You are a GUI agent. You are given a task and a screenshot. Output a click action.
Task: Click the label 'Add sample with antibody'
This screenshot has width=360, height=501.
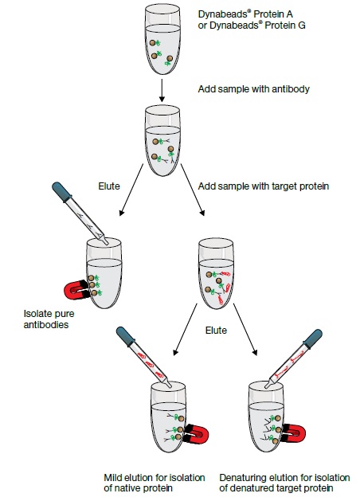(253, 89)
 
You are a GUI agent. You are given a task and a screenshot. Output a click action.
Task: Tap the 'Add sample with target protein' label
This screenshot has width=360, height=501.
(263, 186)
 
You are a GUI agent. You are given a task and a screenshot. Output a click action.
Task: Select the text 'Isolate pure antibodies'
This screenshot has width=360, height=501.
(49, 319)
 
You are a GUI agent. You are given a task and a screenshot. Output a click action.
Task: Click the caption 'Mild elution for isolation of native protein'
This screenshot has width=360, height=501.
(155, 483)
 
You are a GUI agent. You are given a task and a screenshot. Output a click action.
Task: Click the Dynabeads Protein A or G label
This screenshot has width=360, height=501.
(252, 19)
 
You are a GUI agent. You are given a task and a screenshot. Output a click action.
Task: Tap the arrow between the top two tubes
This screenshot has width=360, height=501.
(162, 91)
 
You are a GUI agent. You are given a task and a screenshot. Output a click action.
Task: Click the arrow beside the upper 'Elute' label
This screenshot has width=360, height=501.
(131, 190)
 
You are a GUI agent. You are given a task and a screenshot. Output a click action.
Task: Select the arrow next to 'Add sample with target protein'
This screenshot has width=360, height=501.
(193, 190)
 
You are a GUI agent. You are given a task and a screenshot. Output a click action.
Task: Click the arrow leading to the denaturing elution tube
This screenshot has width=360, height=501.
(245, 329)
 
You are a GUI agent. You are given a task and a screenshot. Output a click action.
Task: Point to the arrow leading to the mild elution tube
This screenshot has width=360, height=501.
(185, 329)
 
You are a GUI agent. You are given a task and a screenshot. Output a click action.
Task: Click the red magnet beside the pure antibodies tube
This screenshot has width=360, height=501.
(76, 289)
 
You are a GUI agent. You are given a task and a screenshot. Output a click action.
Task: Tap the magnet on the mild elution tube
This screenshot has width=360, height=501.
(197, 434)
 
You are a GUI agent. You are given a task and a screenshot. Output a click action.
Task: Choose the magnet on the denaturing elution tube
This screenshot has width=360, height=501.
(294, 433)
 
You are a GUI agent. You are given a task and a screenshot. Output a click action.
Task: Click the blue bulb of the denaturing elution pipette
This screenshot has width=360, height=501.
(312, 339)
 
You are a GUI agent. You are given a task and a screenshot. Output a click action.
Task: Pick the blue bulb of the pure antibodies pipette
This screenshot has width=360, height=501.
(61, 192)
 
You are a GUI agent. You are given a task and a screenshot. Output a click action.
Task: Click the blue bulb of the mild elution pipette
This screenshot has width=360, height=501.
(126, 336)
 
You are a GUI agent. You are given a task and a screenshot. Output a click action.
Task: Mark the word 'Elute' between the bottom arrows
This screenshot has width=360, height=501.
(216, 330)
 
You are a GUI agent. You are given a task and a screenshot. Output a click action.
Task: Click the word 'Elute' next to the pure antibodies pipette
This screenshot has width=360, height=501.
(109, 186)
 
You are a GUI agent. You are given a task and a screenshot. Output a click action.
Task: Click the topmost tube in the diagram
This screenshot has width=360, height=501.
(162, 39)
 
